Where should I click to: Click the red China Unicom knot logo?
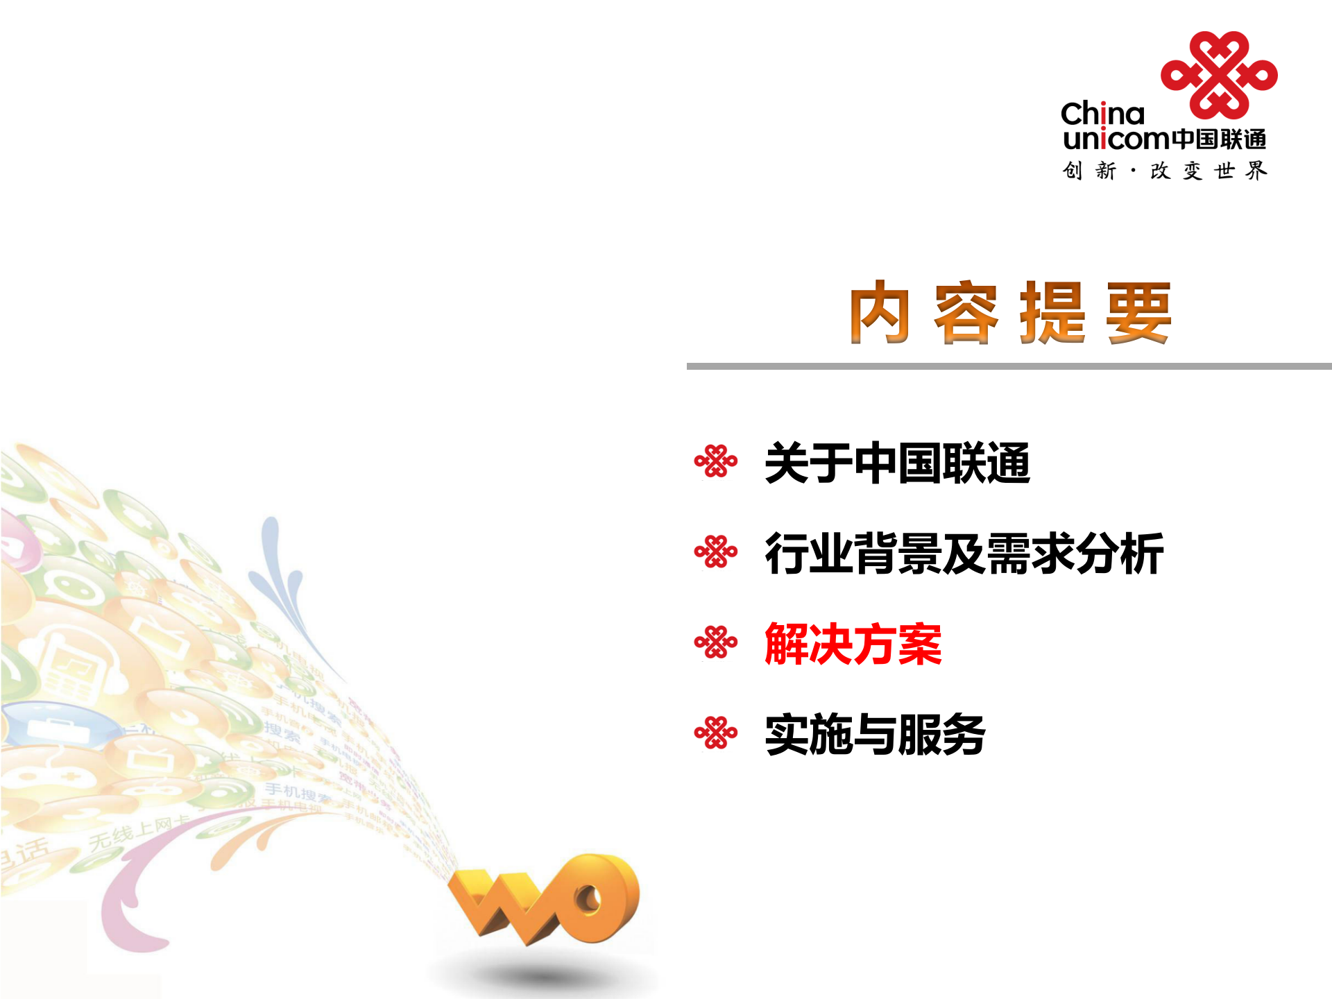(1219, 75)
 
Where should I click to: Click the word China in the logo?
(1102, 114)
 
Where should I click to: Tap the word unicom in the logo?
(1116, 139)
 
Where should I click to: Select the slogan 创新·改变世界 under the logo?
(1164, 171)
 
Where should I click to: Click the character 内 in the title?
(880, 313)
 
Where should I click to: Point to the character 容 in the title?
(966, 313)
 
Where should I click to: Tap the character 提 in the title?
(1052, 313)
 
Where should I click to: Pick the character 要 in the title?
(1138, 313)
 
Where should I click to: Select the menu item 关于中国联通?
(896, 463)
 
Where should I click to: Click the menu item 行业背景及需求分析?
(964, 554)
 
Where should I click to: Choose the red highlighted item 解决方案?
(853, 644)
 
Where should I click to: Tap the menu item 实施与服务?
(874, 734)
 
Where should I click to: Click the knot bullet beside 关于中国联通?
(716, 461)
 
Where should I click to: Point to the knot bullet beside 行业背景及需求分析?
(716, 552)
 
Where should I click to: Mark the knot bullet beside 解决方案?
(716, 642)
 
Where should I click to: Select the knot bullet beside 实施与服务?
(716, 733)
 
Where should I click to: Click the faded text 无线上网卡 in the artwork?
(139, 833)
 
